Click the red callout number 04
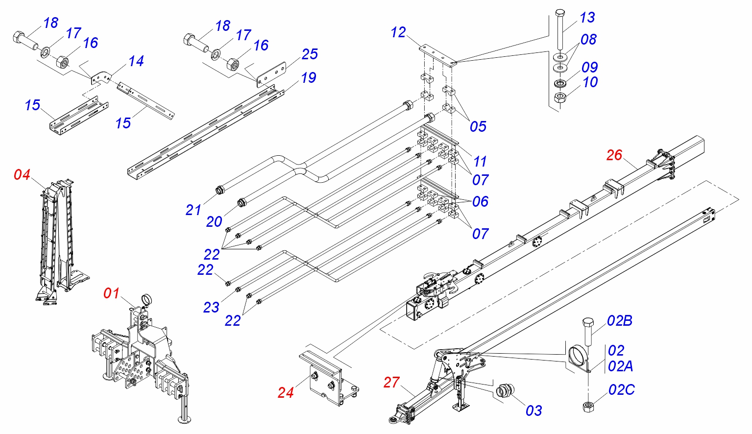click(22, 175)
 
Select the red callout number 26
click(614, 155)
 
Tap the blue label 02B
click(619, 321)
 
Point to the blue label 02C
click(621, 390)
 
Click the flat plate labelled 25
click(271, 73)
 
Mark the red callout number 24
click(286, 392)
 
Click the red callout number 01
click(111, 293)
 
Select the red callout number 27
click(391, 383)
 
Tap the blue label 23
click(211, 307)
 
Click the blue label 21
click(194, 210)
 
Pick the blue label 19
click(309, 77)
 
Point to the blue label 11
click(480, 161)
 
